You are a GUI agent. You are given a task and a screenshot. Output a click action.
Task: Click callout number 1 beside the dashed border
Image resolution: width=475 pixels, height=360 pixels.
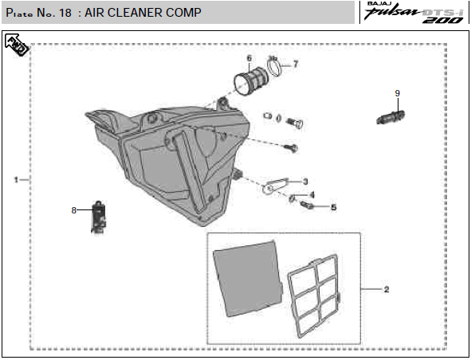point(16,180)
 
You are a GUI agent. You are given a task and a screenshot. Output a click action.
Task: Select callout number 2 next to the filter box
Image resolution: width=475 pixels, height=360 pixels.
point(387,289)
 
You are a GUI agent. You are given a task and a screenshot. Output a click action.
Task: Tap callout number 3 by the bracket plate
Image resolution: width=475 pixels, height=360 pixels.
point(305,182)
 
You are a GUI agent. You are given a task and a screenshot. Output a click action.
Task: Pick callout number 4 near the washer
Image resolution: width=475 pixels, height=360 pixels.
point(312,194)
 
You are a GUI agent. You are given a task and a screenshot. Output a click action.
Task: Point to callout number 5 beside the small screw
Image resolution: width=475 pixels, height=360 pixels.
point(333,207)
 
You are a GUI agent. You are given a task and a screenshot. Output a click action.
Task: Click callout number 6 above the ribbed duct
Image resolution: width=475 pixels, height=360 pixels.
point(249,58)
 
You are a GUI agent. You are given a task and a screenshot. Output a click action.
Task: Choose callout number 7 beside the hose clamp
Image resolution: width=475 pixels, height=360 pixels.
point(296,64)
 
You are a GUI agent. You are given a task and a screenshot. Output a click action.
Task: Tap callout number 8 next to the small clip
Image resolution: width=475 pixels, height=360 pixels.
point(73,210)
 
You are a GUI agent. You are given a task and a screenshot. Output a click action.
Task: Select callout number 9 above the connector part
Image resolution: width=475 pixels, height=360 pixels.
point(398,93)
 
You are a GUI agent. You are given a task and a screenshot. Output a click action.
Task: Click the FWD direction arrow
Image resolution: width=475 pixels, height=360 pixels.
point(17,45)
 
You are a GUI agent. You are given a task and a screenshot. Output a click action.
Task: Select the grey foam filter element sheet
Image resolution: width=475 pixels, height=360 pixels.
point(248,279)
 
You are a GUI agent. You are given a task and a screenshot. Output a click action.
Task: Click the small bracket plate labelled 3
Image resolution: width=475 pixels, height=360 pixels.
point(274,186)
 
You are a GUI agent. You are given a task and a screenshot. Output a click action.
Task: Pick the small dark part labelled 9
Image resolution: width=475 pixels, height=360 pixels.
point(391,117)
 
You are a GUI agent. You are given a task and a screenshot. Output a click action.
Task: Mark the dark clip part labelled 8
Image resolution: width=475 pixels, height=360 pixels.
point(99,217)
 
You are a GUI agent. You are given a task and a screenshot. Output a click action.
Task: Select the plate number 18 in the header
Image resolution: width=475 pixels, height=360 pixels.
point(65,13)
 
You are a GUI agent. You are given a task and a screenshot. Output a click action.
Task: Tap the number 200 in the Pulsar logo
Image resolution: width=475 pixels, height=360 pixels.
point(442,20)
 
